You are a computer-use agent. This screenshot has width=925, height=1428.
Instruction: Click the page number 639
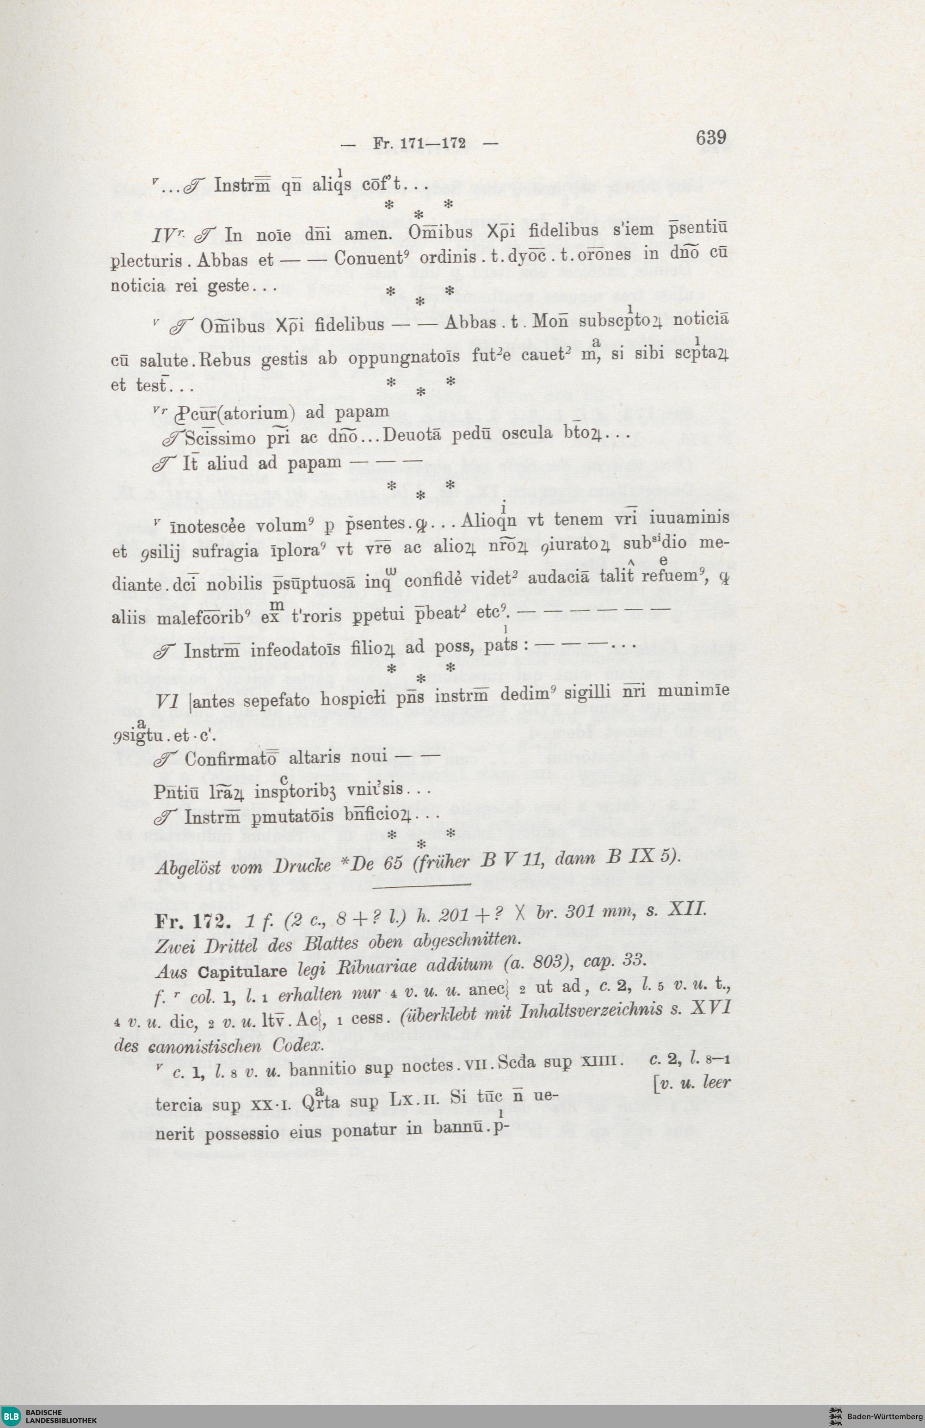(711, 138)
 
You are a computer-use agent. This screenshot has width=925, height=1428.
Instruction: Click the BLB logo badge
(10, 1414)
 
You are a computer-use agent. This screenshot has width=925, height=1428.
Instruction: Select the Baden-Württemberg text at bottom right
(884, 1414)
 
